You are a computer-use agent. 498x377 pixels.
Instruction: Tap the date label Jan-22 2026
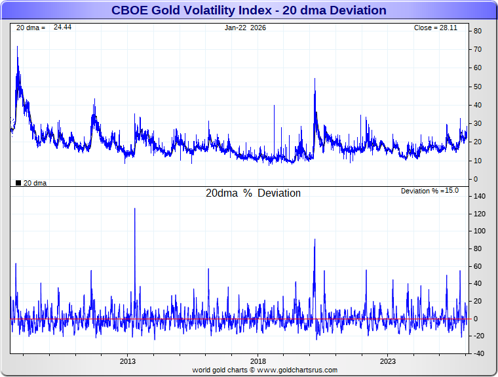(245, 28)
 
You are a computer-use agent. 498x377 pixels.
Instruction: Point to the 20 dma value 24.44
(62, 28)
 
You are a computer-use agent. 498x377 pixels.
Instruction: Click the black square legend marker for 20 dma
(18, 183)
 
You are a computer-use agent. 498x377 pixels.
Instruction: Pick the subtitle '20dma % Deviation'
(253, 193)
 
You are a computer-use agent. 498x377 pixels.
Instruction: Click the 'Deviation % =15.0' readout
(429, 191)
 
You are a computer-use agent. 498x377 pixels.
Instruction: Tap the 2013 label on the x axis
(128, 361)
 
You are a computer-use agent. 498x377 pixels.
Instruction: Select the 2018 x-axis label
(258, 361)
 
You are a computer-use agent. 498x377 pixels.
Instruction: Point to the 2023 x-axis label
(388, 361)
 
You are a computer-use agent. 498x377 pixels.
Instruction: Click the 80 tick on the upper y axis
(478, 31)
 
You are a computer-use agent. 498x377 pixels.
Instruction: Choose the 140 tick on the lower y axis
(479, 196)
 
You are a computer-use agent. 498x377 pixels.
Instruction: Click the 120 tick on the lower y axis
(479, 214)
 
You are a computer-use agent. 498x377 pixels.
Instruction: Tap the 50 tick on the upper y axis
(478, 87)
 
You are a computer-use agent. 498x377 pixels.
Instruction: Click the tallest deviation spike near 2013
(135, 209)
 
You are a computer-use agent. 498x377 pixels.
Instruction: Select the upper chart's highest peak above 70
(17, 47)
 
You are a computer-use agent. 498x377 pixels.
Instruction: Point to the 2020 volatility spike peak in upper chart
(315, 79)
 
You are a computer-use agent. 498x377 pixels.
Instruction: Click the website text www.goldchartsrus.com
(297, 370)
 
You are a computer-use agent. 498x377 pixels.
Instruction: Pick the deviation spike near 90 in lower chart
(315, 240)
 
